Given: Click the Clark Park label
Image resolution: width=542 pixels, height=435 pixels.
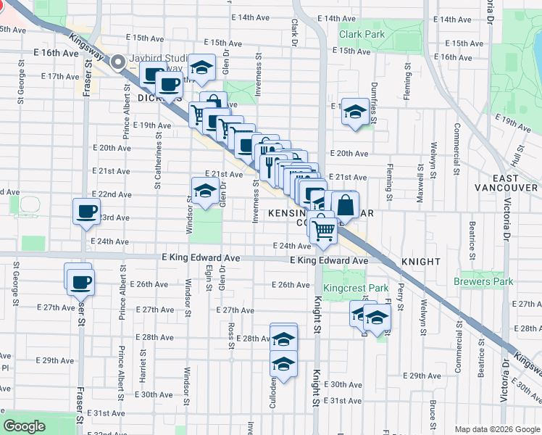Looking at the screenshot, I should pyautogui.click(x=363, y=34).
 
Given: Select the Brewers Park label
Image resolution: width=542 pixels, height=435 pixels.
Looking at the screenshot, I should pyautogui.click(x=483, y=281).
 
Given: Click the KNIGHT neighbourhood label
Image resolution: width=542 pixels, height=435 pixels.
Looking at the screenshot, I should pyautogui.click(x=420, y=261).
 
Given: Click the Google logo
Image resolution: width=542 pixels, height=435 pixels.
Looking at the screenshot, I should pyautogui.click(x=24, y=426).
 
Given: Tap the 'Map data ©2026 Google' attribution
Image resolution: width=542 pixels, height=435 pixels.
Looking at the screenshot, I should pyautogui.click(x=497, y=429).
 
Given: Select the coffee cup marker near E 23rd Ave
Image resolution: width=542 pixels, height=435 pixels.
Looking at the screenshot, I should pyautogui.click(x=86, y=212).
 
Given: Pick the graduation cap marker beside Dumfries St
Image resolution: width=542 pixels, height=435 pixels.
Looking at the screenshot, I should pyautogui.click(x=354, y=112).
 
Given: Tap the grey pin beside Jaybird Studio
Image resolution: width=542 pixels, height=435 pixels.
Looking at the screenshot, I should pyautogui.click(x=118, y=63).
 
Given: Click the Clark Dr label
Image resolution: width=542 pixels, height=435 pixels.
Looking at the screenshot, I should pyautogui.click(x=295, y=29).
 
